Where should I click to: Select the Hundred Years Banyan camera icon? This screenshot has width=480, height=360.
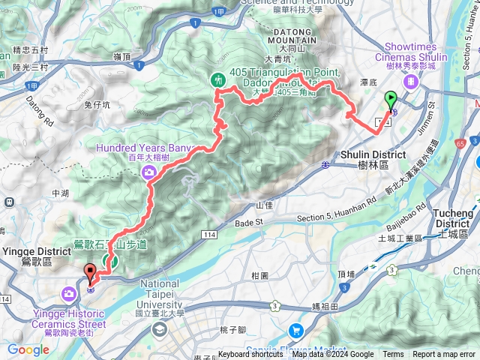(x=149, y=173)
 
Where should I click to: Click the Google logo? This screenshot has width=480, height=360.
(x=28, y=349)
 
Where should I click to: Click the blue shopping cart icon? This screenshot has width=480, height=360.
(x=296, y=330)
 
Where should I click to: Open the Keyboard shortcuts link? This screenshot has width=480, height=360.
(x=250, y=355)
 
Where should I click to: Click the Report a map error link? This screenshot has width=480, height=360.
(x=444, y=355)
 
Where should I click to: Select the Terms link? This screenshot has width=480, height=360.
(x=393, y=355)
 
